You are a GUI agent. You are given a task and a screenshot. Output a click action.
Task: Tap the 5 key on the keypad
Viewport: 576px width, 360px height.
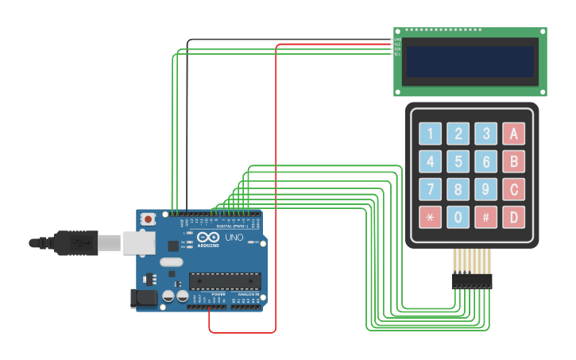click(458, 161)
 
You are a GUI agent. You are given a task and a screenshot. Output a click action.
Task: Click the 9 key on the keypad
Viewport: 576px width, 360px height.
click(485, 189)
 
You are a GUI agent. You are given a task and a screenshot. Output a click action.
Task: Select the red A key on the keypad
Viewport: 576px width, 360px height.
click(514, 134)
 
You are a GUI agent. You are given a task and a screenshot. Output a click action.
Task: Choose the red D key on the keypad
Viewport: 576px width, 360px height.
click(514, 216)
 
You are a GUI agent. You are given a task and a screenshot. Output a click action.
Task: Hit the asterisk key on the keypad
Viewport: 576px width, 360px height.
click(430, 216)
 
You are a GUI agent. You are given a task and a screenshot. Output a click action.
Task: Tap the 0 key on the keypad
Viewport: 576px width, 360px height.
click(458, 216)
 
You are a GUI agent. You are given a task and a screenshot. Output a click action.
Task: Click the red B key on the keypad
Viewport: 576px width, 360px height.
click(514, 161)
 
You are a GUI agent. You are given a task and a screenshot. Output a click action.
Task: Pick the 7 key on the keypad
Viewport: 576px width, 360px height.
click(430, 189)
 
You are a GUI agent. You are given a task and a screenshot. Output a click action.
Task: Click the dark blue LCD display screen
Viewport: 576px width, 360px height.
click(470, 61)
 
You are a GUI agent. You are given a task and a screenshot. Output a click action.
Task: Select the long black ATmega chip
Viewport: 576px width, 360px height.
click(225, 281)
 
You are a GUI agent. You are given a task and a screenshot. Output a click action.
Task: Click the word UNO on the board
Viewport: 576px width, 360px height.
click(234, 238)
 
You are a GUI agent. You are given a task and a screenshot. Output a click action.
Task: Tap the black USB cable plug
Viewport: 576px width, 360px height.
click(75, 242)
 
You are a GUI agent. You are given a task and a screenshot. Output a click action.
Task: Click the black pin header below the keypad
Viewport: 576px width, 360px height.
click(472, 281)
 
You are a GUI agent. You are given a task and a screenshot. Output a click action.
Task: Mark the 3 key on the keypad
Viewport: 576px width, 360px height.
click(485, 134)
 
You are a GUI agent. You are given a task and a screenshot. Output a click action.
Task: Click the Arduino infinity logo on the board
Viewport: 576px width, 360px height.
click(208, 237)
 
